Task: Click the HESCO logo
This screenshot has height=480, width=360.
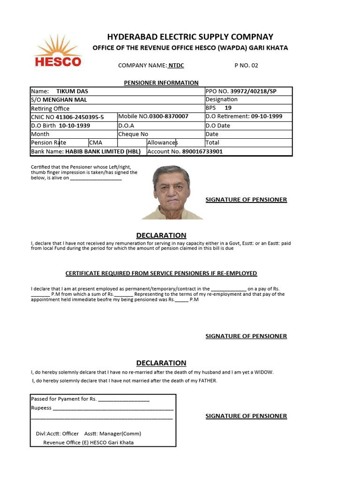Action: coord(58,52)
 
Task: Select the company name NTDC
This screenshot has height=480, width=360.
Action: coord(176,65)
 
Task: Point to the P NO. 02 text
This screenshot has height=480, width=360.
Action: coord(246,65)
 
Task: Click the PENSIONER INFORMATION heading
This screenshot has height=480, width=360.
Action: coord(161,82)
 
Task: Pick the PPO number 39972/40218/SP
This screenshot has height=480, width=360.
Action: coord(253,91)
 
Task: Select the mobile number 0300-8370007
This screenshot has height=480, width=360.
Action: coord(169,116)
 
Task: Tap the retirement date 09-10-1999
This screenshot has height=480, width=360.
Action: coord(267,116)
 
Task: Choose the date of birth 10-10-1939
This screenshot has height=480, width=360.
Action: coord(74,126)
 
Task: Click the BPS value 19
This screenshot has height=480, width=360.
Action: coord(228,108)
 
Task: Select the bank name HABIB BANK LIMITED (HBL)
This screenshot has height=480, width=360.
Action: coord(102,151)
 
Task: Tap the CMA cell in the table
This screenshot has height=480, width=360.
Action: coord(96,142)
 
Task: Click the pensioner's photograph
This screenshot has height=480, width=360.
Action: coord(172,192)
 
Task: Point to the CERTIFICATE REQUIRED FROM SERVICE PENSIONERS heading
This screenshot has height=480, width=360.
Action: coord(161,273)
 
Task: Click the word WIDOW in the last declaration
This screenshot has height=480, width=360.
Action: coord(262,372)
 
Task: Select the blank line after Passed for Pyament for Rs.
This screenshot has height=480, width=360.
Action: coord(124,400)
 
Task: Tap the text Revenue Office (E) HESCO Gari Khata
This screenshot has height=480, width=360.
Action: coord(88,442)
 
